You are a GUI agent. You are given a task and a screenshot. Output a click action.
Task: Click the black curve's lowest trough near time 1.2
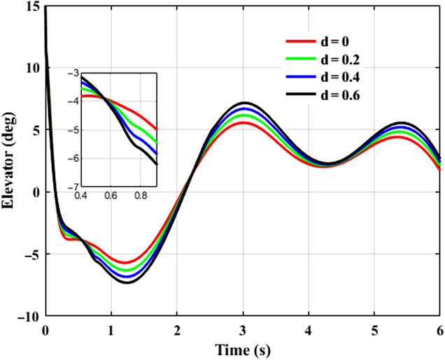coord(127,282)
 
